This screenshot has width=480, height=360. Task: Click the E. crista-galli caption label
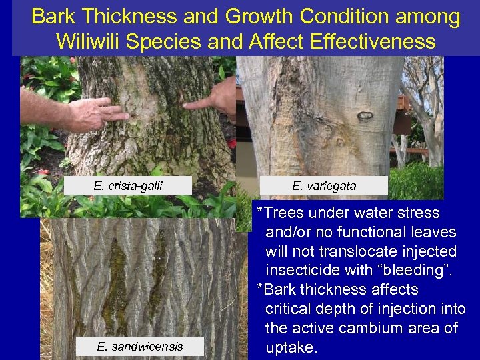point(127,185)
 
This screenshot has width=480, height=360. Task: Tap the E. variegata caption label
point(324,185)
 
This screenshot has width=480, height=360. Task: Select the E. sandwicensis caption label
point(139,346)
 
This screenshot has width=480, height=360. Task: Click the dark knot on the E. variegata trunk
point(365,117)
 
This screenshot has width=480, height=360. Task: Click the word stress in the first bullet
point(417,213)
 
